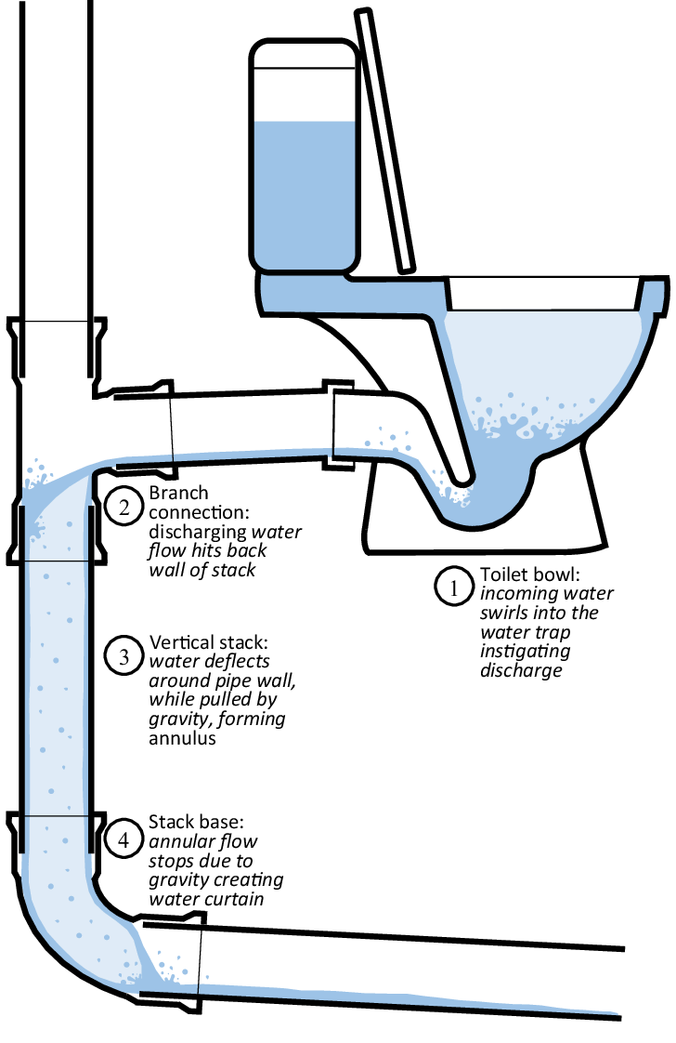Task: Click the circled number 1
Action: coord(454,588)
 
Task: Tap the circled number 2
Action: coord(123,508)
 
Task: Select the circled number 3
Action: coord(123,656)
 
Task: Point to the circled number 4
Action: coord(123,839)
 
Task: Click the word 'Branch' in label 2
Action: coord(178,493)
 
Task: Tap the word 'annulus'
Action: coord(182,738)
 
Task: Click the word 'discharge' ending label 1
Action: coord(521,670)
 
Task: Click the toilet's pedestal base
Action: coord(485,506)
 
